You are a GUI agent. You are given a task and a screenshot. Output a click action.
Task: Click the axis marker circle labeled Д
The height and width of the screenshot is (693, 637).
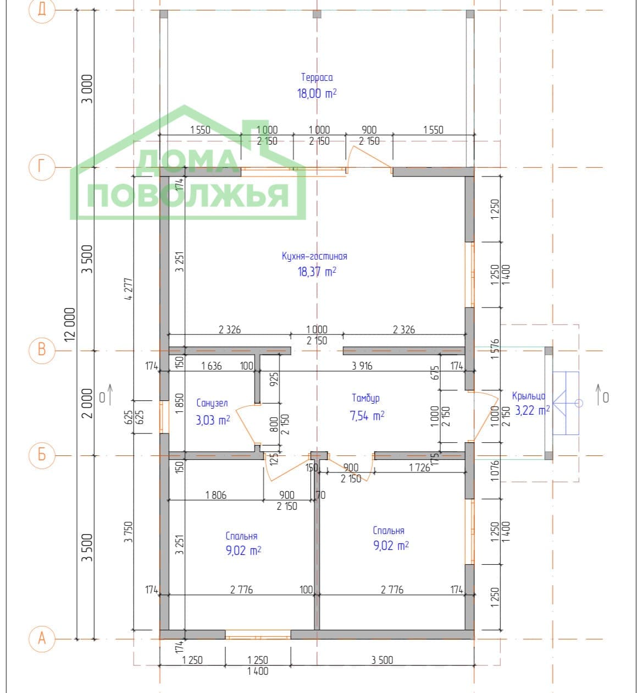[42, 10]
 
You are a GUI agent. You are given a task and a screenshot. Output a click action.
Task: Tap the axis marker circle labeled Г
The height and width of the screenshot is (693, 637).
[42, 167]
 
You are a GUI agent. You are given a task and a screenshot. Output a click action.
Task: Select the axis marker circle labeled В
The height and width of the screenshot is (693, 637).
[42, 350]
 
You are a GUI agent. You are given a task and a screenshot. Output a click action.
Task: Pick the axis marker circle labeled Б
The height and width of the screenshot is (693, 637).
[42, 455]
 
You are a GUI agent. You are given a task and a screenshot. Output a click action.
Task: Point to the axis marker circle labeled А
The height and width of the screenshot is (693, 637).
[42, 639]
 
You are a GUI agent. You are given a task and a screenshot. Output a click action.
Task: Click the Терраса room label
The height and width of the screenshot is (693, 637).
[317, 78]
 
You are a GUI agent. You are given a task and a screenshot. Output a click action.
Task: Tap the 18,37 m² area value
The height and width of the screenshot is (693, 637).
[317, 272]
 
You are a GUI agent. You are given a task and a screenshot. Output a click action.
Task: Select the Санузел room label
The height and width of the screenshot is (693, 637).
[212, 403]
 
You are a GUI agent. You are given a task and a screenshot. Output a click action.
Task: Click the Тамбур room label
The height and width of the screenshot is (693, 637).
[365, 398]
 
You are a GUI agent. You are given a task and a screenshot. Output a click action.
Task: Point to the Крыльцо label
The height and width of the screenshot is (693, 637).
[529, 396]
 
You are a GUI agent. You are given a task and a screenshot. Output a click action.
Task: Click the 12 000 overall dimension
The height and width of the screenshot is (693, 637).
[70, 324]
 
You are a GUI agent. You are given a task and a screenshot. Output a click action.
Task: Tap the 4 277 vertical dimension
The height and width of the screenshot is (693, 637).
[129, 289]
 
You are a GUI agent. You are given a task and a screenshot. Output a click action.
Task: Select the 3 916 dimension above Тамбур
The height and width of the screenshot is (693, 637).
[362, 366]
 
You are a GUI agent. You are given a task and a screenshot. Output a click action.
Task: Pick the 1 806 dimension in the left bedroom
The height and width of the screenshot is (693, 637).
[216, 495]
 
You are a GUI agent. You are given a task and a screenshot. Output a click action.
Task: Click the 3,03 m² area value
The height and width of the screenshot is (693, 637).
[213, 420]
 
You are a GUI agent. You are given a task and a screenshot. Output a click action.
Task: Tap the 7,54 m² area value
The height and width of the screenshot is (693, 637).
[367, 416]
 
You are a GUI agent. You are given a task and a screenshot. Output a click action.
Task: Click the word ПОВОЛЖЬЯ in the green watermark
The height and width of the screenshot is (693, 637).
[187, 195]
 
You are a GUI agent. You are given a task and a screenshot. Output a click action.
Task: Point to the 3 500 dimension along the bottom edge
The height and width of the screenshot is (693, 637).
[382, 660]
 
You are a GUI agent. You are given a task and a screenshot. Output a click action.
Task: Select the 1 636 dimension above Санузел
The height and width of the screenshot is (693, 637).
[211, 366]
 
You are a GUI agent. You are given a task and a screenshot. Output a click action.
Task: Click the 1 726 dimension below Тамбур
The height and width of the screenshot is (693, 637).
[419, 468]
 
